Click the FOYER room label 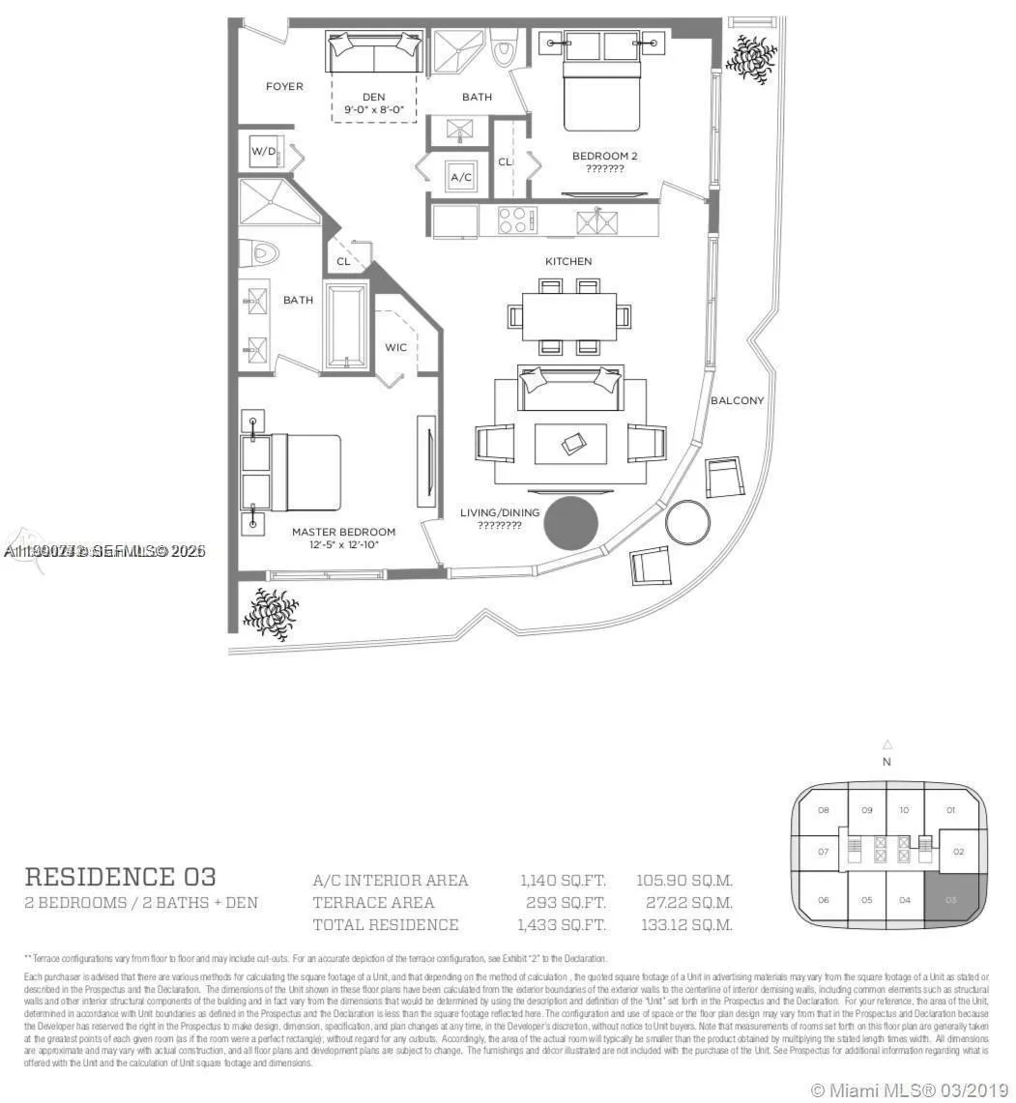point(284,87)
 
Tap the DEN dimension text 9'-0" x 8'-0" point(374,111)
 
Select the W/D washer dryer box point(264,153)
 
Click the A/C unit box point(461,178)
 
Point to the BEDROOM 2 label point(604,156)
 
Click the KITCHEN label point(567,262)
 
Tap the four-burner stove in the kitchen point(517,220)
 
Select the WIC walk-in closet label point(395,347)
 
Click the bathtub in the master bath point(346,326)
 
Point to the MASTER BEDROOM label point(343,532)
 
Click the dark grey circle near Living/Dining point(570,523)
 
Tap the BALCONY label point(737,400)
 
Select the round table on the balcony point(686,522)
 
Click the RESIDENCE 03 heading point(120,877)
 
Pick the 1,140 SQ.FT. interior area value point(563,881)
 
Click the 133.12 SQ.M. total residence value point(685,925)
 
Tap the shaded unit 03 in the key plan point(951,898)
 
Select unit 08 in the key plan point(823,810)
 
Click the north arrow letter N point(886,762)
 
